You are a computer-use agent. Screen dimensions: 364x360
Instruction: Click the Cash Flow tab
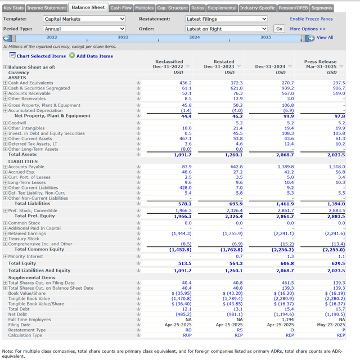point(121,8)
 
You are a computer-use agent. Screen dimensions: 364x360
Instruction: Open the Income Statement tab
point(47,8)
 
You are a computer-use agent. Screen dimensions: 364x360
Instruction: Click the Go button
point(280,29)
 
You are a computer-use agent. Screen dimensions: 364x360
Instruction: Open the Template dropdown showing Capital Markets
point(84,19)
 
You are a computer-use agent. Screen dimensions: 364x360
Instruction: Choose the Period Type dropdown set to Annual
point(84,29)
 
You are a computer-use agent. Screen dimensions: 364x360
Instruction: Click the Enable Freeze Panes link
point(312,19)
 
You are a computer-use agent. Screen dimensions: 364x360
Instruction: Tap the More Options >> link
point(308,29)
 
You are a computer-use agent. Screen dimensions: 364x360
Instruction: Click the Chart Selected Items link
point(41,56)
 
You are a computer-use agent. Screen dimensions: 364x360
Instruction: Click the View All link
point(325,38)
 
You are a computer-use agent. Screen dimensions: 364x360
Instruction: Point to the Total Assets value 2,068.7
point(285,154)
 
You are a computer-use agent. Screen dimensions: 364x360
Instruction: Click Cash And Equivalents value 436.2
point(185,83)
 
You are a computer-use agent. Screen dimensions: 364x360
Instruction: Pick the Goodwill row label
point(17,123)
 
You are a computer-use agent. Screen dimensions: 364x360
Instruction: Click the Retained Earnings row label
point(26,233)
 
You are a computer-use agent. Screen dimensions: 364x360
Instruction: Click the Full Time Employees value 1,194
point(287,320)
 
